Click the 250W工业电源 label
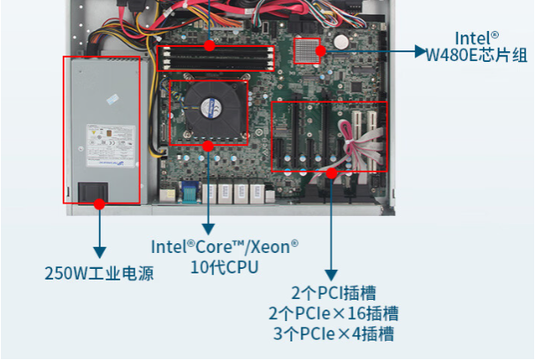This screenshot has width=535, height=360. click(99, 273)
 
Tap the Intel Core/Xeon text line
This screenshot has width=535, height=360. click(224, 247)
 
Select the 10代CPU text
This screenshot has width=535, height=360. click(224, 266)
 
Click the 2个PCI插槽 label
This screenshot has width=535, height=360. click(332, 293)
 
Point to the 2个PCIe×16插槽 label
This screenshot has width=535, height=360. click(332, 313)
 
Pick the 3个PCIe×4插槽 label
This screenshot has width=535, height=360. click(332, 333)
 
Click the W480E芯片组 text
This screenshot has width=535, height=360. click(477, 56)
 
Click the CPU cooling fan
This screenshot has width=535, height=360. click(210, 106)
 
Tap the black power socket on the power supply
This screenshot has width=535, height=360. click(93, 191)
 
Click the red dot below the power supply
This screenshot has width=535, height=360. click(100, 203)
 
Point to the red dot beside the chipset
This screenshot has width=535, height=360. click(323, 51)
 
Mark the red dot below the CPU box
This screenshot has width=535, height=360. click(208, 145)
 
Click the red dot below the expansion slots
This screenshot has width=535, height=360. click(331, 172)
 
